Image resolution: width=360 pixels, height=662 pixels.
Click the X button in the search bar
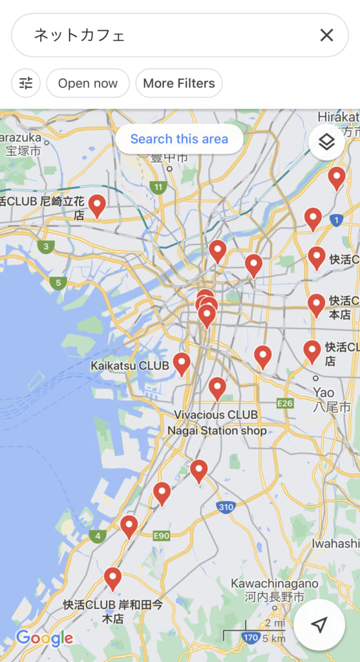pyautogui.click(x=326, y=35)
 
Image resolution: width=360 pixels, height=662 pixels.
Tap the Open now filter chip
pyautogui.click(x=88, y=83)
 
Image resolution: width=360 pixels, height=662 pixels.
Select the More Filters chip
pyautogui.click(x=179, y=83)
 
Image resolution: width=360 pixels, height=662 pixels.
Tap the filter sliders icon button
pyautogui.click(x=26, y=83)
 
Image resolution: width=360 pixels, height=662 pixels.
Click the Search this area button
pyautogui.click(x=179, y=139)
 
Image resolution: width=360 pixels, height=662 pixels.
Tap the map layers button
pyautogui.click(x=326, y=142)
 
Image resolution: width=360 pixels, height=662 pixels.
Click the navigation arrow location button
pyautogui.click(x=319, y=624)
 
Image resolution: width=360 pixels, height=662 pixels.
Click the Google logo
pyautogui.click(x=45, y=639)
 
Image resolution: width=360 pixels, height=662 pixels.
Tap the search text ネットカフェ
pyautogui.click(x=79, y=35)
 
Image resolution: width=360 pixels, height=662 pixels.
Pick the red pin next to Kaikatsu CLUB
pyautogui.click(x=182, y=363)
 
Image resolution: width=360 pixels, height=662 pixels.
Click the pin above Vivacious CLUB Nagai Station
pyautogui.click(x=217, y=388)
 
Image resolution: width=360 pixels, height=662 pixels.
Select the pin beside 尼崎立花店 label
pyautogui.click(x=97, y=205)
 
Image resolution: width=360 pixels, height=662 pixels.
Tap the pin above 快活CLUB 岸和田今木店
pyautogui.click(x=112, y=578)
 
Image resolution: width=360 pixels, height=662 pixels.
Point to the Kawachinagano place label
pyautogui.click(x=274, y=584)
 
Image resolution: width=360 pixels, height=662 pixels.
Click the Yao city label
pyautogui.click(x=324, y=393)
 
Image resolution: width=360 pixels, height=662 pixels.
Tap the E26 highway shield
pyautogui.click(x=284, y=403)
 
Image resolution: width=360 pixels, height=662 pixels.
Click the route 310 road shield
pyautogui.click(x=226, y=507)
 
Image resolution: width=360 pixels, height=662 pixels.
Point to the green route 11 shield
pyautogui.click(x=157, y=188)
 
